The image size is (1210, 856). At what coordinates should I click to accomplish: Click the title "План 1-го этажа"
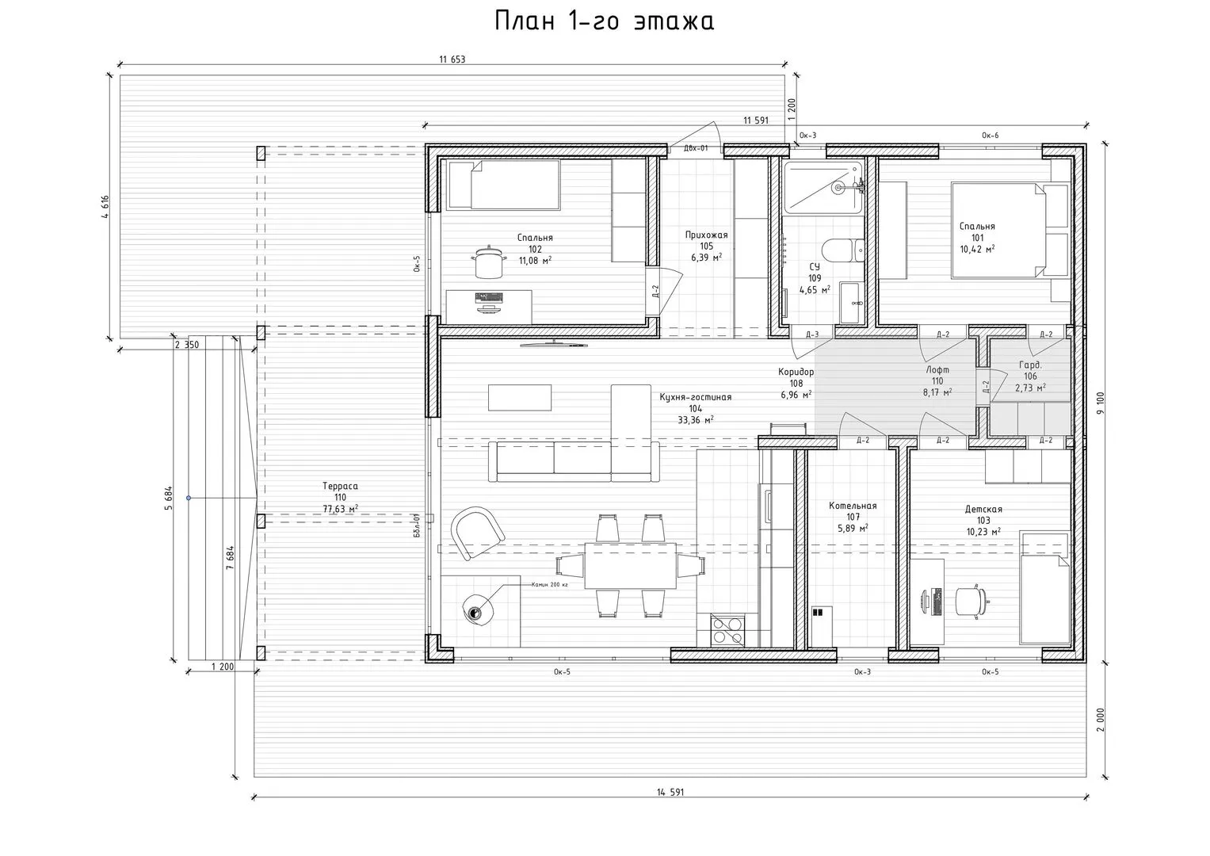[x=605, y=21]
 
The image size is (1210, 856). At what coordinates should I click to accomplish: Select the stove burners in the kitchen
[x=727, y=630]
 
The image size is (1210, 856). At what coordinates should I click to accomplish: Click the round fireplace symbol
[x=478, y=610]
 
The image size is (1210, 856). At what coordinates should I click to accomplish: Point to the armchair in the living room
[x=478, y=533]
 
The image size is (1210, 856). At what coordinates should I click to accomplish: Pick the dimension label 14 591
[x=670, y=793]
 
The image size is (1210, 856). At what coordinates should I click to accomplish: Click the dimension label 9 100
[x=1101, y=403]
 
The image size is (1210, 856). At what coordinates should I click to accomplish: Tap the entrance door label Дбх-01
[x=696, y=148]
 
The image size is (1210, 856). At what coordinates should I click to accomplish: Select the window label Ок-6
[x=991, y=135]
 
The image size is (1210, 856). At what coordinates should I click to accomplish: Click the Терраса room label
[x=340, y=486]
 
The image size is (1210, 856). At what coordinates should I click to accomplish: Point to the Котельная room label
[x=853, y=506]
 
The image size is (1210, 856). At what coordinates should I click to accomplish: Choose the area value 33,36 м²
[x=696, y=420]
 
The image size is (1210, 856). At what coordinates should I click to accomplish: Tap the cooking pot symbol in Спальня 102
[x=489, y=262]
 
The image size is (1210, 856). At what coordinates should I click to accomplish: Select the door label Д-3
[x=812, y=334]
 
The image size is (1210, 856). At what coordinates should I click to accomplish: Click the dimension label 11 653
[x=452, y=59]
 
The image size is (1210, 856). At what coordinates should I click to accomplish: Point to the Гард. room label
[x=1030, y=365]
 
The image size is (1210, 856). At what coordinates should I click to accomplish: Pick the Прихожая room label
[x=707, y=235]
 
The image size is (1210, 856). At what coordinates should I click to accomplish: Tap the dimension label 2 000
[x=1101, y=720]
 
